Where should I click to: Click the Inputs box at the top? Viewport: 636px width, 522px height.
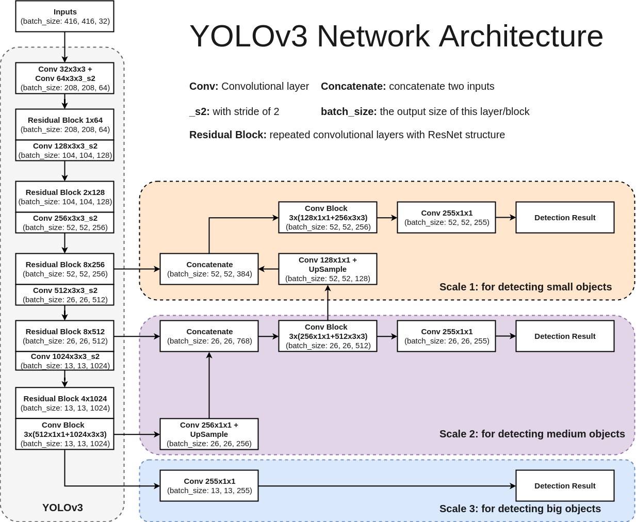64,17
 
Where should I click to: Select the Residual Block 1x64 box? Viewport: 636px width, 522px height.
64,124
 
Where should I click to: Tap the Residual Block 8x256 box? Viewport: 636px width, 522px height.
64,269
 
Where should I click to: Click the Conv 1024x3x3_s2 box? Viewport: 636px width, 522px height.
64,361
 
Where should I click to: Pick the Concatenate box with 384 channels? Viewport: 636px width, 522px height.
209,269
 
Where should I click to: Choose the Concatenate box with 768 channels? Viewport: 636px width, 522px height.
209,336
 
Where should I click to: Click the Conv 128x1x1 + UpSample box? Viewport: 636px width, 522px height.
328,269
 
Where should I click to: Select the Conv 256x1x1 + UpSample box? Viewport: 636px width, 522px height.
209,434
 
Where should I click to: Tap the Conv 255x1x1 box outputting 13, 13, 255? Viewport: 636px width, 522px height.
209,485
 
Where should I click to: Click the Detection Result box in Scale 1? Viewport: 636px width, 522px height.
565,217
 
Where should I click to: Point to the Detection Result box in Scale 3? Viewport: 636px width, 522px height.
565,485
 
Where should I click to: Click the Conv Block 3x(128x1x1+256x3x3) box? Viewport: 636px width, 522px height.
328,217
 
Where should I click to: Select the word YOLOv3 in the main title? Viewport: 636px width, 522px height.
249,36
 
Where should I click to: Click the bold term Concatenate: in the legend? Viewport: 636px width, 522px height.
353,86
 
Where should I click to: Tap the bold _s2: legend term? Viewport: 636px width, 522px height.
200,111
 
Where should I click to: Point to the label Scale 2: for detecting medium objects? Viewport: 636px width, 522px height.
532,434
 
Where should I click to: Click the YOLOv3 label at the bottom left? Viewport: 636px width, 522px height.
62,508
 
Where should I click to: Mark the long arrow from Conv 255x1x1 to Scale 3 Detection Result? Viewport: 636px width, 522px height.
387,486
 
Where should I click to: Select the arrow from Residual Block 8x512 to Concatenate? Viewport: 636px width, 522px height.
137,336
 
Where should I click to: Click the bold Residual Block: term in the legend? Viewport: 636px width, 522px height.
228,135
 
